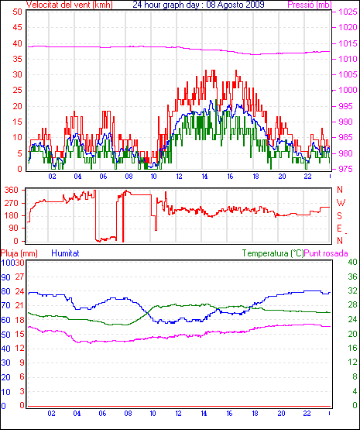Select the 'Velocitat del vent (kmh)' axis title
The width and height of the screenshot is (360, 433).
pos(70,5)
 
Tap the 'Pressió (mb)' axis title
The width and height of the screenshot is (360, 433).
pos(310,5)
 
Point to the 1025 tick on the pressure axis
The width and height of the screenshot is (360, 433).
pos(348,12)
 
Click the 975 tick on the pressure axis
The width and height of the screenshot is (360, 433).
pos(346,169)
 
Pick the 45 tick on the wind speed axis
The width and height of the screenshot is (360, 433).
pos(17,27)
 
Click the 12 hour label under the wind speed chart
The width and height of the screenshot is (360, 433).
pos(179,177)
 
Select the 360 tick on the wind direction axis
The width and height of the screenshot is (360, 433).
pos(11,190)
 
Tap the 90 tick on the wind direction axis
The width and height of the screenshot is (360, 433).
pos(13,228)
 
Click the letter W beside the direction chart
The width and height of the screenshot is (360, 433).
pos(341,203)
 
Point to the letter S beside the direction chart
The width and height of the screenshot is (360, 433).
pos(340,215)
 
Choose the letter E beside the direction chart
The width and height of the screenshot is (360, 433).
pos(340,229)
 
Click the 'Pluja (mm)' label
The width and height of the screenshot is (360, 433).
pos(19,253)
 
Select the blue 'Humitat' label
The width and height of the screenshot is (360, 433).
pos(66,253)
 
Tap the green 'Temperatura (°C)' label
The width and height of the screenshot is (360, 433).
pos(273,253)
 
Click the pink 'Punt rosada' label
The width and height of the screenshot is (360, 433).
pos(326,253)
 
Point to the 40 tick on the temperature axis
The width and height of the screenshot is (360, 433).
pos(352,262)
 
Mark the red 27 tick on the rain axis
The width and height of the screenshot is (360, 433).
pos(19,277)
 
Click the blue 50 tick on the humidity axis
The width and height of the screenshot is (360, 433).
pos(5,335)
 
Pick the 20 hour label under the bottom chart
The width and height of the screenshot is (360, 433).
pos(281,414)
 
